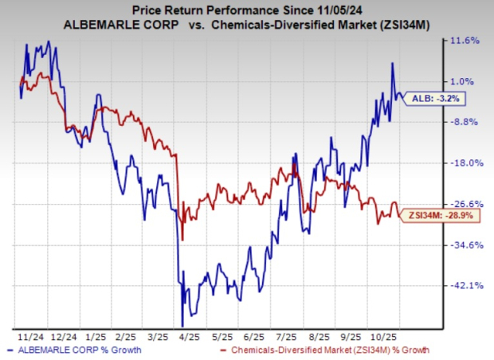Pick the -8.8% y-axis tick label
465,122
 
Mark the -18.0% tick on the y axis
465,162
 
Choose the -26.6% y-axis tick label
465,204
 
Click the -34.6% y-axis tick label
465,245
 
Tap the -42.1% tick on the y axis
465,286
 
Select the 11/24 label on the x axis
29,336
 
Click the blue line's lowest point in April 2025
183,326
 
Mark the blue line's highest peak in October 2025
392,64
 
